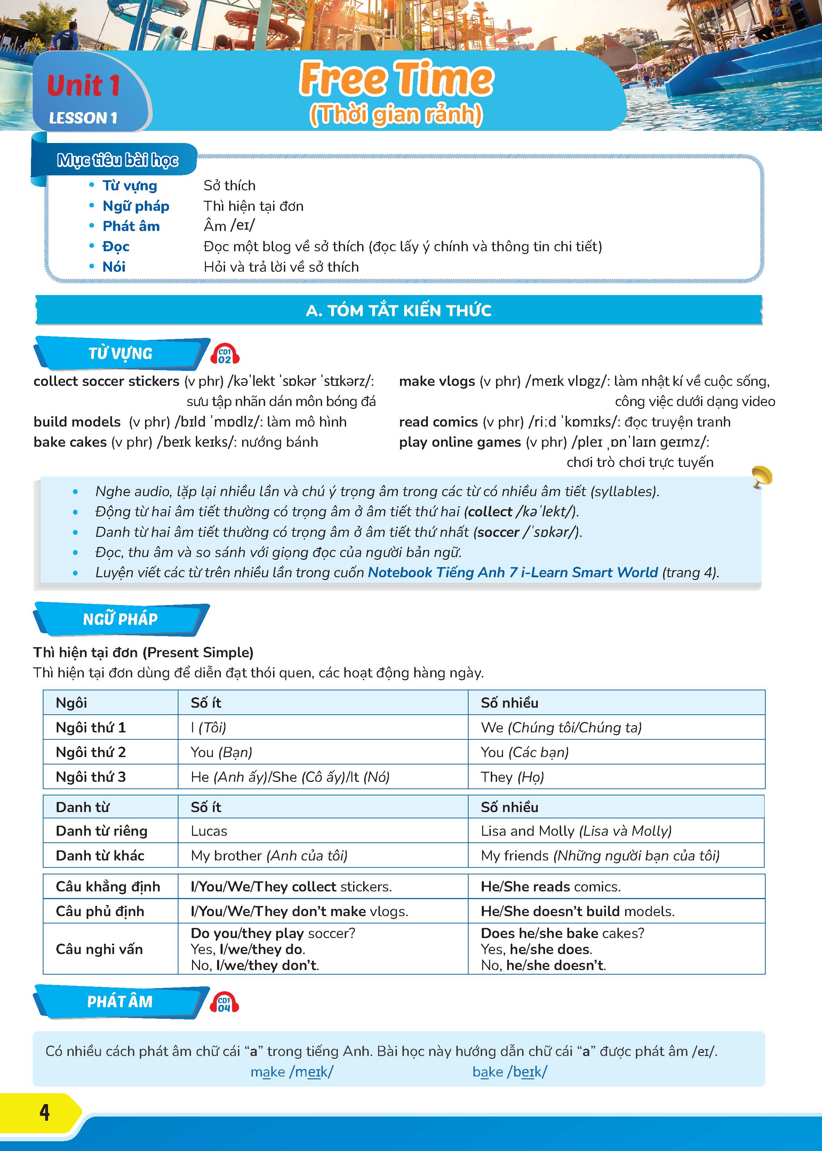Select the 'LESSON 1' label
(x=83, y=118)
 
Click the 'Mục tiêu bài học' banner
(x=118, y=160)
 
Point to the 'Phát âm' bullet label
(x=131, y=226)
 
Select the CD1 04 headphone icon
(x=224, y=1003)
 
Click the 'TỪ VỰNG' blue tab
(x=120, y=353)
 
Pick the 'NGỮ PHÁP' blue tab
(x=120, y=619)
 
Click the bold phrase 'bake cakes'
(x=70, y=442)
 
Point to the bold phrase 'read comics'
(x=438, y=422)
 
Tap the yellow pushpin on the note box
(x=761, y=476)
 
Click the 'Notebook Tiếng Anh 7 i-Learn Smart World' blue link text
(x=512, y=572)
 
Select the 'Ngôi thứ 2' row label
(x=90, y=752)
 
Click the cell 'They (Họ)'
(x=512, y=777)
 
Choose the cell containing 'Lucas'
(x=209, y=831)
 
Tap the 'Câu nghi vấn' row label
(x=99, y=949)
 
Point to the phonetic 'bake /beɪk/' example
(x=509, y=1072)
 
